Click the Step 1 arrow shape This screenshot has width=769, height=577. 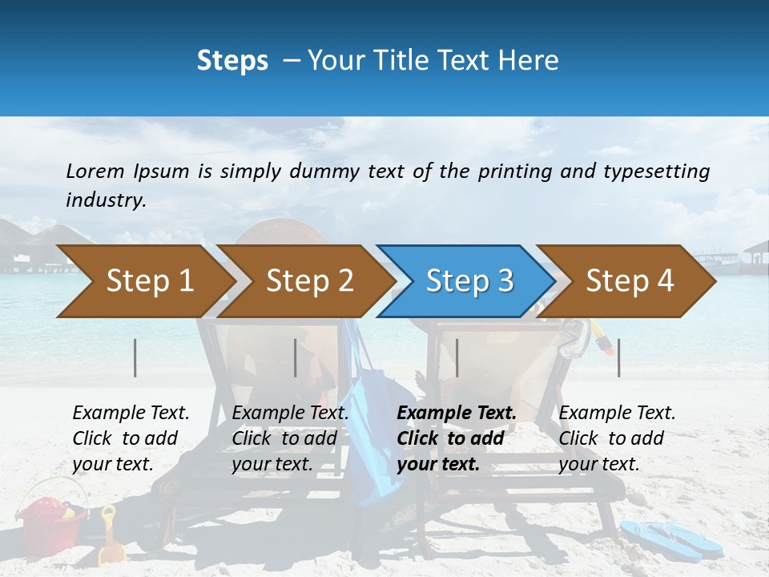point(144,281)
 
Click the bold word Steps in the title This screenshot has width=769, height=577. point(232,60)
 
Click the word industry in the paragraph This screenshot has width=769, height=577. point(106,200)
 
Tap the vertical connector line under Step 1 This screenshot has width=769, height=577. point(135,357)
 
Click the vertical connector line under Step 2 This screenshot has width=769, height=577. point(296,357)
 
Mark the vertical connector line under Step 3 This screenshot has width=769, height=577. point(457,357)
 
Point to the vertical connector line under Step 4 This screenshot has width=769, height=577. point(619,357)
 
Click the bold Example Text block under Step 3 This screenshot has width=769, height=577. point(455,438)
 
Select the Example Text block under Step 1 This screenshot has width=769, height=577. point(130,438)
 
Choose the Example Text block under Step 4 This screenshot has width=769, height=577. point(616,438)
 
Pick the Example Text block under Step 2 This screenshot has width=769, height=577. point(289,438)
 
